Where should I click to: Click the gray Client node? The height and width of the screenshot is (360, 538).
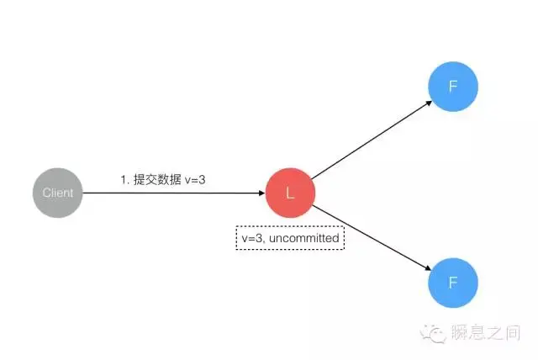(58, 193)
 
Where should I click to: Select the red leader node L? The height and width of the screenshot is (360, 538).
(290, 193)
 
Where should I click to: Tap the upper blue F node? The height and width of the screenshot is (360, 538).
(453, 86)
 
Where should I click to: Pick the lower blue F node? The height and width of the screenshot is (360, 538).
(453, 282)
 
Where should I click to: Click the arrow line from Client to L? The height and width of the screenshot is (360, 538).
(168, 193)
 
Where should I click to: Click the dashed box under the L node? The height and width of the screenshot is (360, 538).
(290, 239)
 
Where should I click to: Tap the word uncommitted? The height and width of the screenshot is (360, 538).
(309, 239)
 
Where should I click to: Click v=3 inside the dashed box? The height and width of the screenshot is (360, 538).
(252, 239)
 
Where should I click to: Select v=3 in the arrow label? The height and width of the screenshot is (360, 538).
(194, 178)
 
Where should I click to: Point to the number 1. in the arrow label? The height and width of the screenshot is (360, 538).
(124, 178)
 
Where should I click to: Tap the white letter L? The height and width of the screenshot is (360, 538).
(290, 193)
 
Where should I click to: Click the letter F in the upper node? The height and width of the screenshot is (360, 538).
(453, 86)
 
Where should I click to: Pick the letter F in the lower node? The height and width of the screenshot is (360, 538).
(453, 282)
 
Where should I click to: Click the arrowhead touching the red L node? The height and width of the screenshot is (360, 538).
(261, 193)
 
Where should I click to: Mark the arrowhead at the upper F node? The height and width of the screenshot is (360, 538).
(428, 103)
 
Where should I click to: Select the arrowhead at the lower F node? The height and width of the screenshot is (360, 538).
(428, 267)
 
